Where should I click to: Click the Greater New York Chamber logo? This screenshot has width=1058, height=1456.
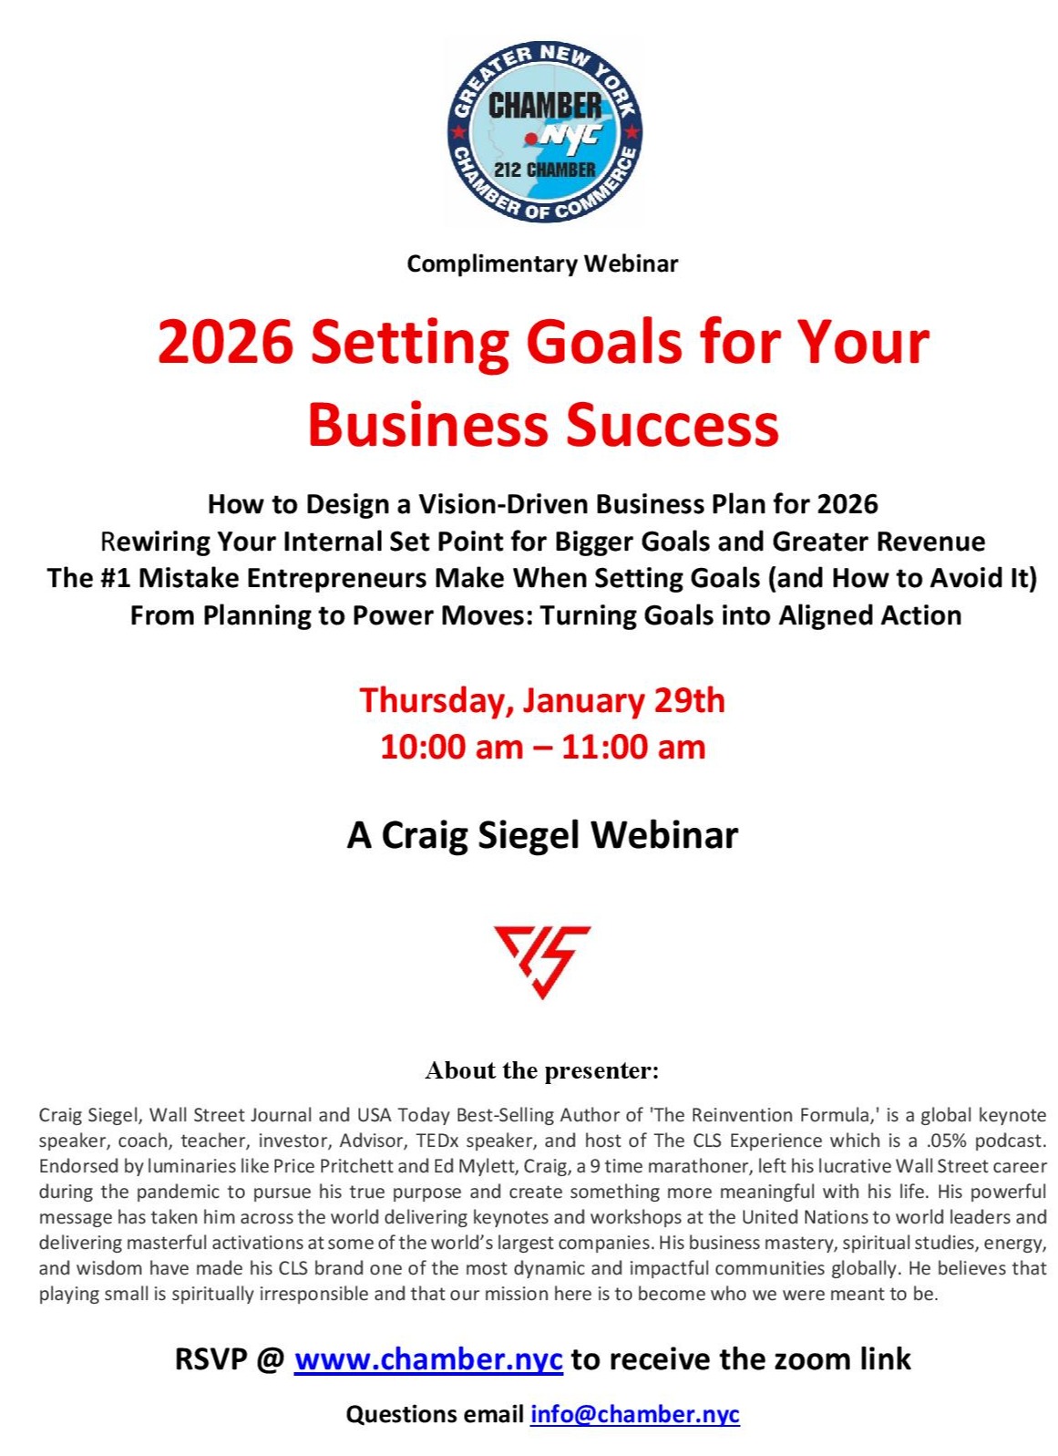coord(543,132)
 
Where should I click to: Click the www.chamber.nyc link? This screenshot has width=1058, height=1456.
coord(428,1359)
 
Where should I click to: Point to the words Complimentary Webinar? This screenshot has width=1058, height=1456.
coord(542,263)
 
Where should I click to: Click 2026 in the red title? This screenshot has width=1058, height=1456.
coord(225,343)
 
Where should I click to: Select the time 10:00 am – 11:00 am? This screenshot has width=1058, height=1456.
coord(542,747)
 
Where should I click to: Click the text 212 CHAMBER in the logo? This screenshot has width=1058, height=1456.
coord(545,170)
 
